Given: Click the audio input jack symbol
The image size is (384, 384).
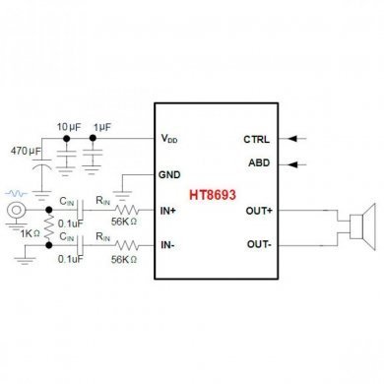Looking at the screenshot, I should coord(15,211).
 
